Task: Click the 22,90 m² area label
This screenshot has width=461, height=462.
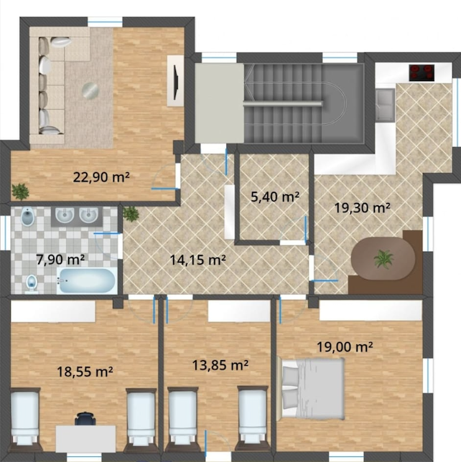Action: (101, 177)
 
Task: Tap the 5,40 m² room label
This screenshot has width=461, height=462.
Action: (275, 197)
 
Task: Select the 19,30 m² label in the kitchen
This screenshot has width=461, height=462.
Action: (362, 208)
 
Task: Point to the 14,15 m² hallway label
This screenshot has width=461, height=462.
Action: (198, 260)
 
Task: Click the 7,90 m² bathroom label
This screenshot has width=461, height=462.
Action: (60, 260)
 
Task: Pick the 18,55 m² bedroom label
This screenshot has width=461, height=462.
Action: (85, 372)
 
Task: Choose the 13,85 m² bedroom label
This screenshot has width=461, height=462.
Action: (220, 365)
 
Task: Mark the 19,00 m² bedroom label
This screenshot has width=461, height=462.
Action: (345, 346)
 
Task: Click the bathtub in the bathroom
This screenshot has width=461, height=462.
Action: (86, 280)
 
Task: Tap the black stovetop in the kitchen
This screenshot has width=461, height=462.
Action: (422, 72)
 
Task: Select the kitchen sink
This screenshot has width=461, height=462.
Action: (385, 105)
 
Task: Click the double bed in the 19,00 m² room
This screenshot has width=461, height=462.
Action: (312, 387)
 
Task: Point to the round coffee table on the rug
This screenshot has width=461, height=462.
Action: (90, 90)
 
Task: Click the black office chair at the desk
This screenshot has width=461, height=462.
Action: (85, 418)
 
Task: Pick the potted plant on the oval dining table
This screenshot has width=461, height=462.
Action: (383, 259)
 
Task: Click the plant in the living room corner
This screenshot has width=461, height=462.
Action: (20, 192)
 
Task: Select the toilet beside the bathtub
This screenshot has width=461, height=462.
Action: (32, 283)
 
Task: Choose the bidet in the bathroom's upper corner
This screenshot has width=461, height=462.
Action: (28, 216)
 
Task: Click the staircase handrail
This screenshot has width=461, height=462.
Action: (283, 103)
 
